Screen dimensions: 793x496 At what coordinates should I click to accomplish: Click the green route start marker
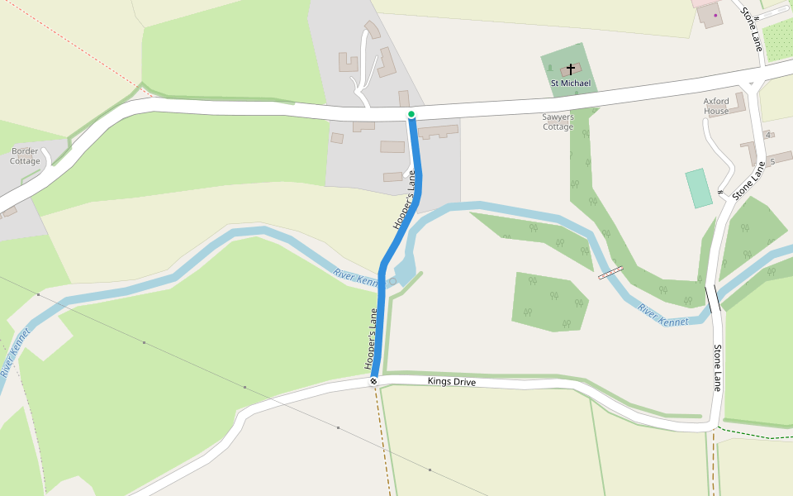[x=411, y=114]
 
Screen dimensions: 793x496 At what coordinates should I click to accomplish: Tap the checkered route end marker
[x=373, y=381]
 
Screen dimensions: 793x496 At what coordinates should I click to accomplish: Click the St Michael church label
[x=571, y=83]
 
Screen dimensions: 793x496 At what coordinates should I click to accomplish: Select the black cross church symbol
[x=571, y=69]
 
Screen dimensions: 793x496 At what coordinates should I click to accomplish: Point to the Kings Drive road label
[x=452, y=382]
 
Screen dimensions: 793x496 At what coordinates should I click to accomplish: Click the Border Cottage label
[x=25, y=155]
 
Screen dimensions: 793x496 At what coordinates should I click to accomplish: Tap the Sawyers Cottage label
[x=558, y=122]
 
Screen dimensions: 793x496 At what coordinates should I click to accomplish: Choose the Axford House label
[x=716, y=106]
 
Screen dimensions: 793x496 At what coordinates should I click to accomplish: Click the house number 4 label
[x=768, y=135]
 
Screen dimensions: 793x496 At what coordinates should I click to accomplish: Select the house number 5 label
[x=772, y=161]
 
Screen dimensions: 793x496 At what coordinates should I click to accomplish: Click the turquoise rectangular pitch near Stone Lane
[x=698, y=188]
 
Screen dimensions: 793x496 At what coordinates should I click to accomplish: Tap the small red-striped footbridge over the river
[x=610, y=272]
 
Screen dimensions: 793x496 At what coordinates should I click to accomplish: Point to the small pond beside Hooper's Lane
[x=406, y=269]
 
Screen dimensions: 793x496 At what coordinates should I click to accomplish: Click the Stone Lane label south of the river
[x=718, y=368]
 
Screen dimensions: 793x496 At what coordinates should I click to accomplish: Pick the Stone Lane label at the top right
[x=751, y=29]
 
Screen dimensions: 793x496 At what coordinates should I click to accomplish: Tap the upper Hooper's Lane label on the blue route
[x=404, y=199]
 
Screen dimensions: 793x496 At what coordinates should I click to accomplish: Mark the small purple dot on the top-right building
[x=715, y=15]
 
